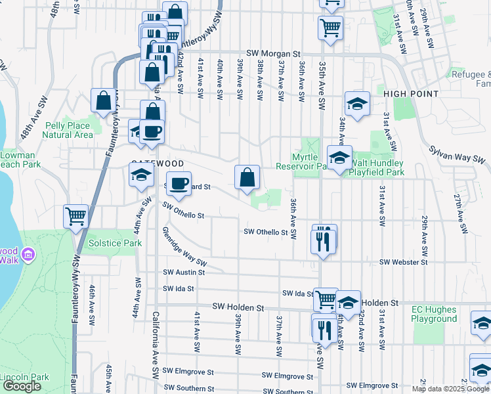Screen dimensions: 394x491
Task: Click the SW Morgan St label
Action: pos(273,53)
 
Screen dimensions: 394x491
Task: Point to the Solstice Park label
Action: pos(105,244)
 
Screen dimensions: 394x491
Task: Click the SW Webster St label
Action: pos(402,262)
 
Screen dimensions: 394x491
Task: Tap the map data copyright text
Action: pos(450,389)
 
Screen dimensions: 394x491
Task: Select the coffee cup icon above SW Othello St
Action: pos(179,183)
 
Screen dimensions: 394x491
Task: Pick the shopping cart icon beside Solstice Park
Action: pos(76,215)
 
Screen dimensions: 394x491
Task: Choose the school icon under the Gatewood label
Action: pos(141,175)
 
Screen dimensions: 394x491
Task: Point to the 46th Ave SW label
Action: pos(93,303)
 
